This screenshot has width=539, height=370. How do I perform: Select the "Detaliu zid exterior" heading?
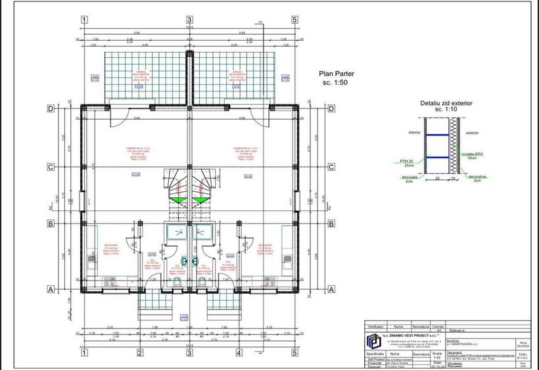tap(446, 103)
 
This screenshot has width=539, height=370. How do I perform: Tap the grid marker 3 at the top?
tap(189, 19)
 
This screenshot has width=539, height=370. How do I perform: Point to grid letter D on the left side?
tap(50, 108)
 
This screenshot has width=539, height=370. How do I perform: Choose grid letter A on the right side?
tap(331, 289)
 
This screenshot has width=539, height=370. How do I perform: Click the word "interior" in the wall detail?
tap(414, 132)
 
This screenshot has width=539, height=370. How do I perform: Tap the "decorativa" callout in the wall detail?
tap(478, 176)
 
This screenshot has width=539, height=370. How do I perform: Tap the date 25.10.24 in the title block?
tap(436, 365)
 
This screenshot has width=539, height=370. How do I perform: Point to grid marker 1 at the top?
tap(84, 19)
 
